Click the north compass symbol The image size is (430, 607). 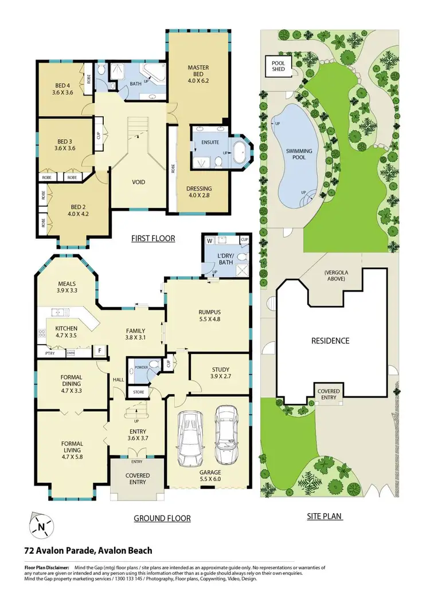(x=40, y=525)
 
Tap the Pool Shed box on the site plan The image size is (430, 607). (x=278, y=67)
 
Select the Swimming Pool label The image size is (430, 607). (x=299, y=155)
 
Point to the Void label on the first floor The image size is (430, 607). (x=139, y=182)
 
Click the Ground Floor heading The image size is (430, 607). (x=162, y=518)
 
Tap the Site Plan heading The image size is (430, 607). (x=325, y=516)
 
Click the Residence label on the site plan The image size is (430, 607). (x=330, y=341)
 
